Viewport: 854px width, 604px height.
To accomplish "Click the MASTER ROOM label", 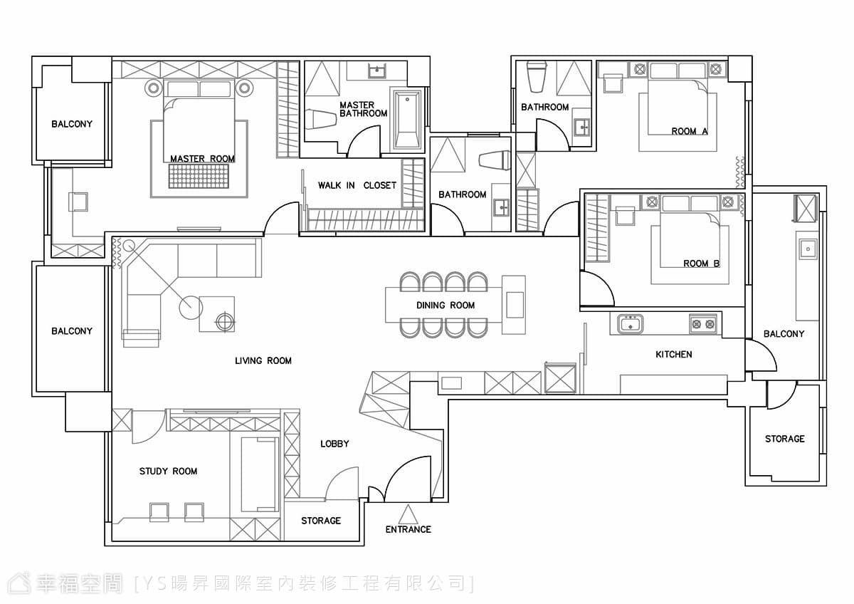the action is click(x=202, y=158).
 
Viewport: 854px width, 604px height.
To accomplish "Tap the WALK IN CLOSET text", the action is click(x=357, y=185).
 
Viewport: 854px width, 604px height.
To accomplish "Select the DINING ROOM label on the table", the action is click(x=446, y=306).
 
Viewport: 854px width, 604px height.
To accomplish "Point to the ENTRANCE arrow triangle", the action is click(x=408, y=514).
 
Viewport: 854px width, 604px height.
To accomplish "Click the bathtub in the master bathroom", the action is click(x=407, y=120).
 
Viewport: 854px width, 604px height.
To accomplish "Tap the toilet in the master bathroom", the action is click(x=321, y=119).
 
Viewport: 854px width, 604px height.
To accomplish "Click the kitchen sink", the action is click(x=631, y=324).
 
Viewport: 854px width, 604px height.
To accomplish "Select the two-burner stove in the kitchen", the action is click(x=703, y=324).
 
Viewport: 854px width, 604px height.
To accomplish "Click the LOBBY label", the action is click(x=334, y=444).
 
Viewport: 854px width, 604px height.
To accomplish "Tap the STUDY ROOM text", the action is click(x=168, y=472).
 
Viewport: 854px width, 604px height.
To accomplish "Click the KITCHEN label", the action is click(x=674, y=355).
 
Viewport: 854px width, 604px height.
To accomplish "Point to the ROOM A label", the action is click(x=690, y=131).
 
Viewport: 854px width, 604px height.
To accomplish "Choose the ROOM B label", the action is click(x=701, y=264).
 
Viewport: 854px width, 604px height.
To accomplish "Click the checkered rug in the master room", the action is click(x=199, y=176).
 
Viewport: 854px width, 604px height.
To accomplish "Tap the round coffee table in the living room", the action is click(x=191, y=308).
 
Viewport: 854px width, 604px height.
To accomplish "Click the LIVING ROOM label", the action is click(x=263, y=360).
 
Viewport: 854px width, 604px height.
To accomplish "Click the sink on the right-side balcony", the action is click(x=807, y=249).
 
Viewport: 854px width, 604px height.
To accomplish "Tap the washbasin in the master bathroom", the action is click(x=377, y=71).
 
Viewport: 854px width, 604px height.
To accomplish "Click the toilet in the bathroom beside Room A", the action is click(x=537, y=77).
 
